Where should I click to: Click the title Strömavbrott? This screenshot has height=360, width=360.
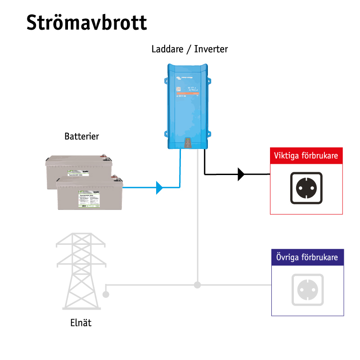point(86,22)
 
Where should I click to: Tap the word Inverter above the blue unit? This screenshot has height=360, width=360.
point(211,49)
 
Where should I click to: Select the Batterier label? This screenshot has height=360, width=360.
point(81,136)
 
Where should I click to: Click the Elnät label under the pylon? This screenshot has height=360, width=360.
point(81,323)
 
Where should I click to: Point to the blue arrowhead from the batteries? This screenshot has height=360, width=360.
point(159,187)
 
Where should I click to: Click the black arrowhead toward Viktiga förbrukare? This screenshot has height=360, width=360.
point(241,174)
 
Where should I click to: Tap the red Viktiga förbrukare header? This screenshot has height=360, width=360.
point(306,156)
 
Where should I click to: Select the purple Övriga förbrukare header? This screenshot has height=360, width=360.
point(307,258)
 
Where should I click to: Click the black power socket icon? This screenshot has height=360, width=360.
point(306,188)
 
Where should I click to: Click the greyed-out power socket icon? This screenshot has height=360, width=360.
point(308,290)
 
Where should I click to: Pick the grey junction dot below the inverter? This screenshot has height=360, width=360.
point(197,284)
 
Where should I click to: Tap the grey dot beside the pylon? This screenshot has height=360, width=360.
point(106,294)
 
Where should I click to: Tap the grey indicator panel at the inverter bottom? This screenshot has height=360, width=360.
point(188,143)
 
